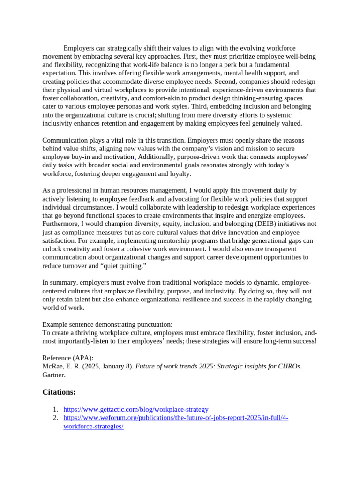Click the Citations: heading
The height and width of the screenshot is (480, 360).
point(59,392)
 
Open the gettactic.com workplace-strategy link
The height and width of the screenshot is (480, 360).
point(136,409)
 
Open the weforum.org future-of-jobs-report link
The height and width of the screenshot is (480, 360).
point(176,418)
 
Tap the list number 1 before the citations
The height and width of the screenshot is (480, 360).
point(55,409)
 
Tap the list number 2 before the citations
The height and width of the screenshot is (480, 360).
point(55,418)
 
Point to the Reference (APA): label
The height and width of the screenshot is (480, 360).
point(68,358)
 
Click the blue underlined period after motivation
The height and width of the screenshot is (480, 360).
point(135,157)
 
